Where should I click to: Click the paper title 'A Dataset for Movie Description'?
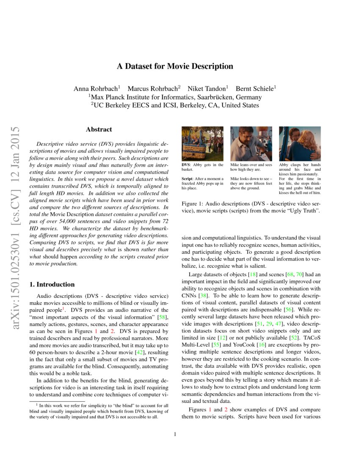tap(175, 67)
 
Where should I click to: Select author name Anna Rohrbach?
tap(96, 89)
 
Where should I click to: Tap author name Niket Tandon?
tap(207, 89)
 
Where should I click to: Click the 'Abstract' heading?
tap(99, 130)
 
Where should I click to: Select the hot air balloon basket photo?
tap(202, 143)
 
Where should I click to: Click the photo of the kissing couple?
tap(299, 143)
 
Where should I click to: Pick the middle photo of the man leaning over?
tap(251, 143)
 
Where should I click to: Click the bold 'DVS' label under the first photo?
tap(186, 165)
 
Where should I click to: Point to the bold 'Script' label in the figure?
tap(188, 179)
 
